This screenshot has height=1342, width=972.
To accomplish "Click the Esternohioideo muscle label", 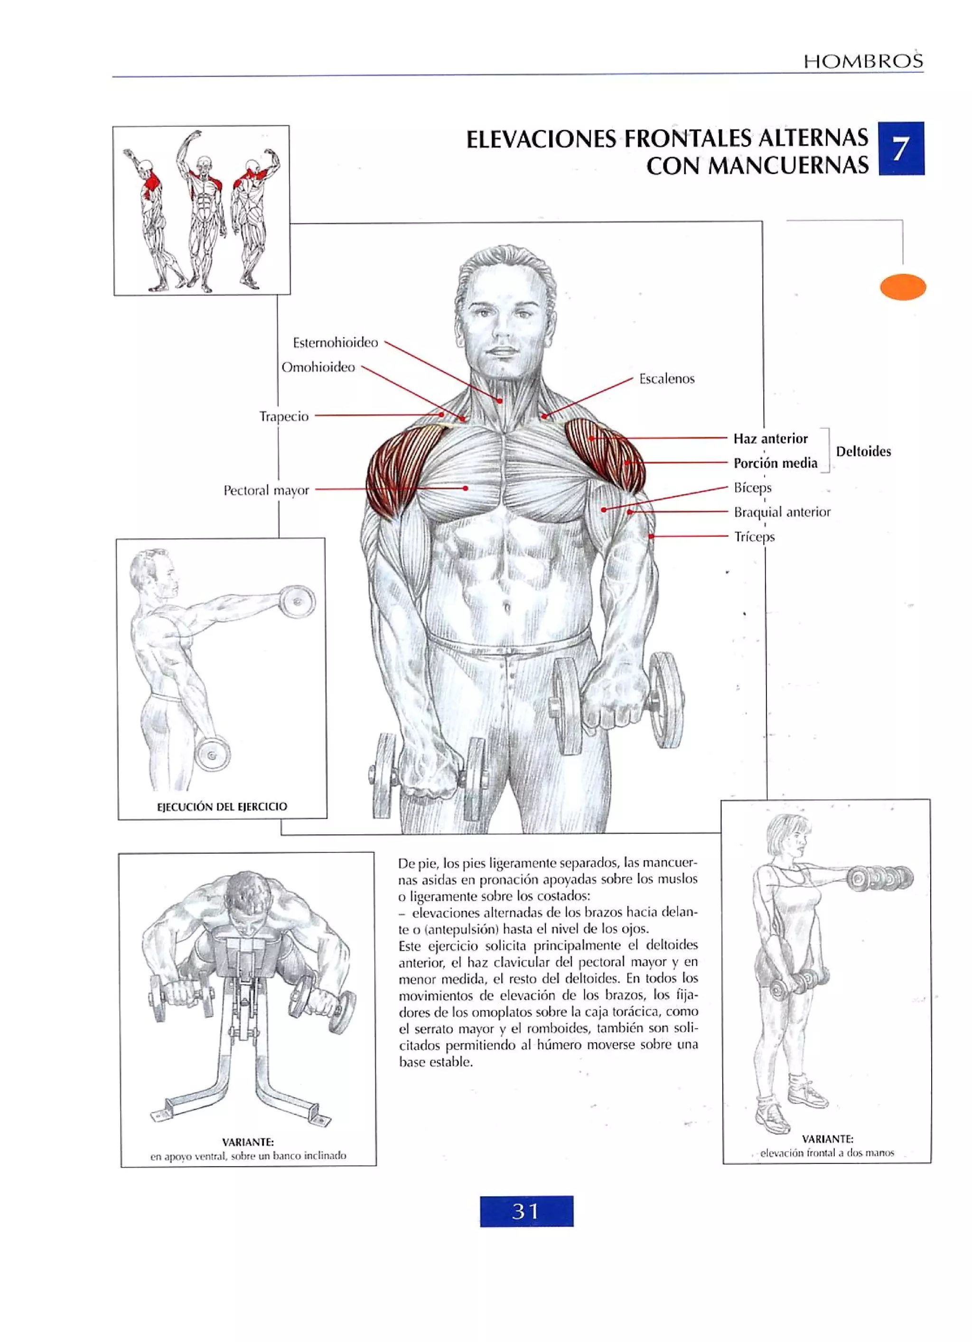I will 335,342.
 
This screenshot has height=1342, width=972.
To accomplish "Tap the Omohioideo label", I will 318,368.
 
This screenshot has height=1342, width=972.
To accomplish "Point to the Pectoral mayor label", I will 266,491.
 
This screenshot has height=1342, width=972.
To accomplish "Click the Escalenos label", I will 666,379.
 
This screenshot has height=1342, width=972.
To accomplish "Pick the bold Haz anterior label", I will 770,438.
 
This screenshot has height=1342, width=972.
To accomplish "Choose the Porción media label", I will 775,463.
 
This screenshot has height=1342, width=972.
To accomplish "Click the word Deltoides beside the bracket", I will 863,452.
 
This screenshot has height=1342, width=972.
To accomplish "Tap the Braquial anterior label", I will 782,512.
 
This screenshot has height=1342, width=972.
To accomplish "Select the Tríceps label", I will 754,537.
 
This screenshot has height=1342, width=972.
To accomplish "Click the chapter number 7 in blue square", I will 900,148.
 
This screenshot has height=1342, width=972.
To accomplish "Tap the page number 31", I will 526,1211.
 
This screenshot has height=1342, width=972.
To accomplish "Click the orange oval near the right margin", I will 902,287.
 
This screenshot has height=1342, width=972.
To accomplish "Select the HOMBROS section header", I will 862,61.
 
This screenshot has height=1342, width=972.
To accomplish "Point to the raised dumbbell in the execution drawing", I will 297,602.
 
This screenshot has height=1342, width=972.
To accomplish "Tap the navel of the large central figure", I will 507,607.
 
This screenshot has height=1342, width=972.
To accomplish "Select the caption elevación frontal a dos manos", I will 826,1153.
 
